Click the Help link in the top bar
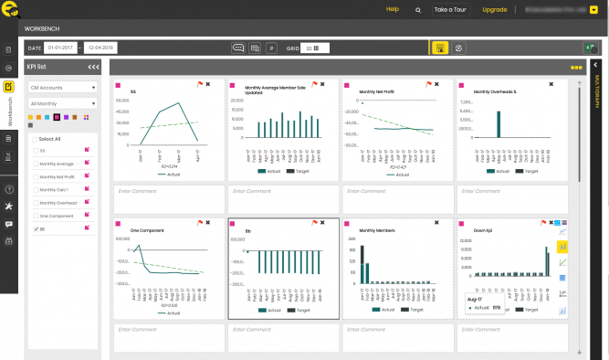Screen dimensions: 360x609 [x=393, y=9]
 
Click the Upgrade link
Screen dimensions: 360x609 [x=495, y=9]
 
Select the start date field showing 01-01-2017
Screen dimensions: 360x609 [x=61, y=48]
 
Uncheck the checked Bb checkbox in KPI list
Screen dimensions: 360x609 [x=35, y=228]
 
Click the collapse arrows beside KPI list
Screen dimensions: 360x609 [x=93, y=68]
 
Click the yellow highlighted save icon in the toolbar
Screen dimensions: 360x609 [x=440, y=48]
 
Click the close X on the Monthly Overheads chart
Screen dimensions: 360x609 [x=551, y=84]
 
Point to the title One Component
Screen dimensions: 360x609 [x=147, y=230]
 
